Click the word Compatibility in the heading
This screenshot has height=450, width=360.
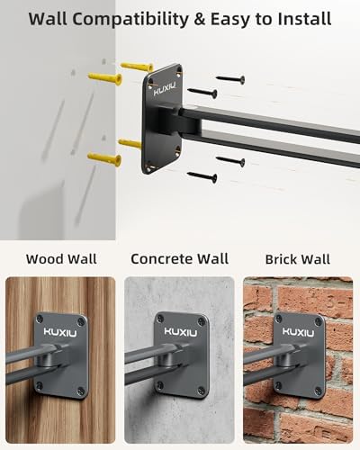coord(130,20)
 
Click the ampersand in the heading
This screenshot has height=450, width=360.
coord(199,19)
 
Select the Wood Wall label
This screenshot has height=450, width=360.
coord(61,259)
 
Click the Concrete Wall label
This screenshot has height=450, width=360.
coord(180,259)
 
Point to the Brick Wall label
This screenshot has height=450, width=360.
coord(298,259)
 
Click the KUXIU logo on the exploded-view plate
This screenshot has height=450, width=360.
coord(165,89)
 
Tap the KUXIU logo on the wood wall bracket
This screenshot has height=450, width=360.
coord(60,332)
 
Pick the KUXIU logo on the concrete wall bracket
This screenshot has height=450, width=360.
coord(181,332)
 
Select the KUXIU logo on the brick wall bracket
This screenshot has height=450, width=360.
coord(298,332)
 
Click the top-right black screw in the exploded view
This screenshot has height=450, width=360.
coord(230,79)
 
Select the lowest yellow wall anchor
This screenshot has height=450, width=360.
coord(104,158)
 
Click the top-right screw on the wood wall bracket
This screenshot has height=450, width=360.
coord(81,322)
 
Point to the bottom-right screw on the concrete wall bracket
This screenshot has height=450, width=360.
coord(202,391)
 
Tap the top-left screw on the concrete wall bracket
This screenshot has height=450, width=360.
coord(160,319)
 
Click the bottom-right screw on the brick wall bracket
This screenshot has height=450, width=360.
coord(318,391)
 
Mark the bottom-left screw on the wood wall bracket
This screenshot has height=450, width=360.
coord(40,385)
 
